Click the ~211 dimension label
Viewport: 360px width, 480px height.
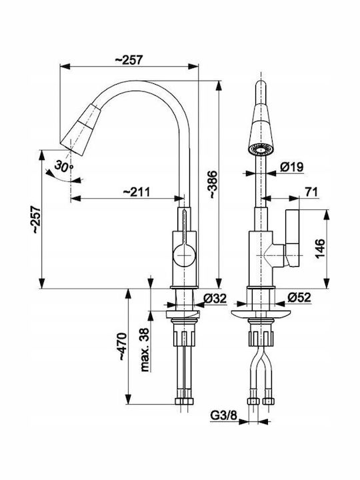click(137, 192)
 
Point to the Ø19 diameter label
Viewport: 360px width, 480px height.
click(292, 167)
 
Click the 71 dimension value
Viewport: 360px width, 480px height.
click(311, 192)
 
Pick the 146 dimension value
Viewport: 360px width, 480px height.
click(319, 249)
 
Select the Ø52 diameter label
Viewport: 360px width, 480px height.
click(299, 297)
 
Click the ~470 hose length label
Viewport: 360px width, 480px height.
click(122, 346)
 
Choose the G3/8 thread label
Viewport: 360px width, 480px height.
click(224, 415)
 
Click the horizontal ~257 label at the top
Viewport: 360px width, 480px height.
click(129, 60)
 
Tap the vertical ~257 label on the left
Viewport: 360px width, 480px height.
click(36, 219)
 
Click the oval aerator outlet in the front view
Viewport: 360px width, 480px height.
click(261, 150)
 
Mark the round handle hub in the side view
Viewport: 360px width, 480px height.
click(184, 255)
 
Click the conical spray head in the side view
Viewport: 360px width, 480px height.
click(81, 129)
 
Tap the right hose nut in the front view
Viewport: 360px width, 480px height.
click(269, 401)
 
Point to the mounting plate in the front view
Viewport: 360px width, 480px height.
click(261, 315)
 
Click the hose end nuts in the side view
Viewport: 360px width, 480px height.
click(183, 401)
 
